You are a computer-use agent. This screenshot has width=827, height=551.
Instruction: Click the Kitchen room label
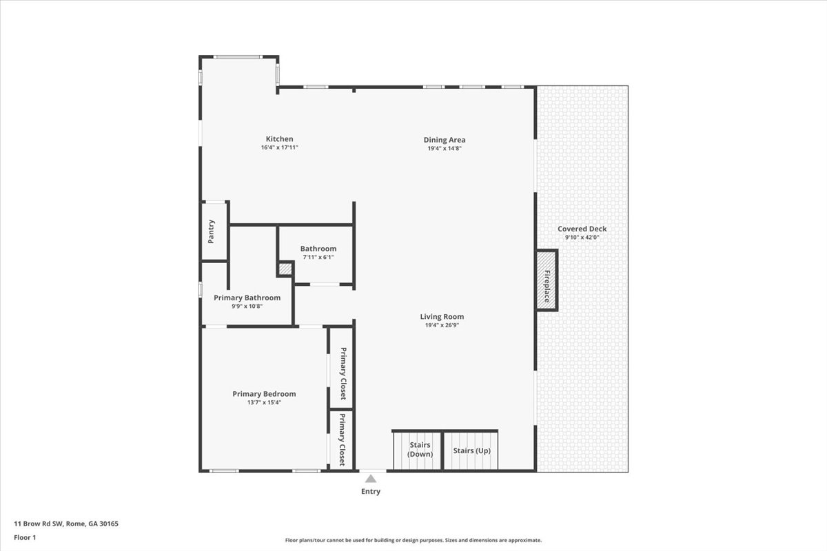pyautogui.click(x=280, y=139)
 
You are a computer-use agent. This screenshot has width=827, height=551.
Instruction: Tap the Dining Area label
pyautogui.click(x=445, y=140)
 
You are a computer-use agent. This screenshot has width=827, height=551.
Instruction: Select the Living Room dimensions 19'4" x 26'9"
pyautogui.click(x=442, y=325)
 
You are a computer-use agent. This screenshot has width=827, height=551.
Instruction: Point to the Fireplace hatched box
pyautogui.click(x=547, y=280)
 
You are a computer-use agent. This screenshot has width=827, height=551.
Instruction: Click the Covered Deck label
pyautogui.click(x=582, y=229)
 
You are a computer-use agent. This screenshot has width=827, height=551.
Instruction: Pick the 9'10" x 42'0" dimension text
pyautogui.click(x=582, y=238)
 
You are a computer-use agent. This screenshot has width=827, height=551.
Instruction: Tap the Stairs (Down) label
pyautogui.click(x=420, y=450)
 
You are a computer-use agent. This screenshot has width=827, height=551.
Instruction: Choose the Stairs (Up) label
pyautogui.click(x=472, y=450)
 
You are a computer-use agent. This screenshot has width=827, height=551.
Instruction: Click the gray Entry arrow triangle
pyautogui.click(x=371, y=479)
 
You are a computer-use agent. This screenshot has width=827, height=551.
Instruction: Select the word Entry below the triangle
pyautogui.click(x=371, y=491)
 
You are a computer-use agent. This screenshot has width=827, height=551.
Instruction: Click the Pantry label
pyautogui.click(x=211, y=232)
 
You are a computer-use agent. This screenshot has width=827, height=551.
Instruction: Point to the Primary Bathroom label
pyautogui.click(x=247, y=298)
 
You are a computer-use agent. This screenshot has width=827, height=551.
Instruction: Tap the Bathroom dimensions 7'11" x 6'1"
pyautogui.click(x=318, y=257)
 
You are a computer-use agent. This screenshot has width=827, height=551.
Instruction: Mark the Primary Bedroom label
pyautogui.click(x=265, y=394)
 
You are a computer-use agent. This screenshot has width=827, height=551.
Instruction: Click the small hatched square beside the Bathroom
pyautogui.click(x=285, y=269)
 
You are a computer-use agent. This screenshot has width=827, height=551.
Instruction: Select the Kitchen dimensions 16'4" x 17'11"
pyautogui.click(x=280, y=147)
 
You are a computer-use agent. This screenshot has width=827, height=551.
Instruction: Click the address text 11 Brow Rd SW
pyautogui.click(x=39, y=523)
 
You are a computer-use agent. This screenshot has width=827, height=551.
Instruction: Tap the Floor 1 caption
pyautogui.click(x=25, y=538)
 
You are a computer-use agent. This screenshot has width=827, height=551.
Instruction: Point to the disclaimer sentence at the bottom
pyautogui.click(x=413, y=540)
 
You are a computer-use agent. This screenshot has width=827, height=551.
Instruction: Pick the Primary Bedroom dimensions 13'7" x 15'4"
pyautogui.click(x=265, y=403)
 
